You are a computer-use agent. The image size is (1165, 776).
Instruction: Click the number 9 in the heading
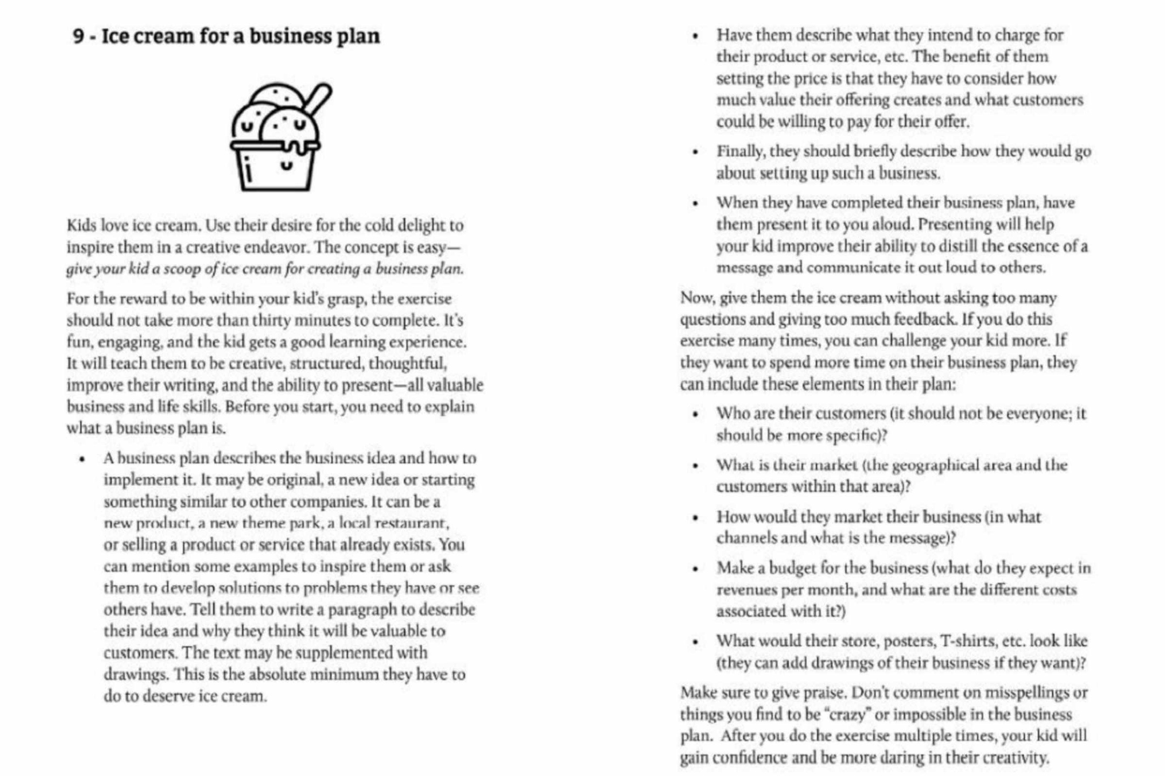click(x=79, y=36)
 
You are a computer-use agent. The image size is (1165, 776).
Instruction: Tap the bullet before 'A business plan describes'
click(x=82, y=459)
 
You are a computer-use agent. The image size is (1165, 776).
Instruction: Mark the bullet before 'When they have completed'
click(x=695, y=204)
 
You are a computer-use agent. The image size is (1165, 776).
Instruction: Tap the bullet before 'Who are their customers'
click(x=695, y=414)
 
